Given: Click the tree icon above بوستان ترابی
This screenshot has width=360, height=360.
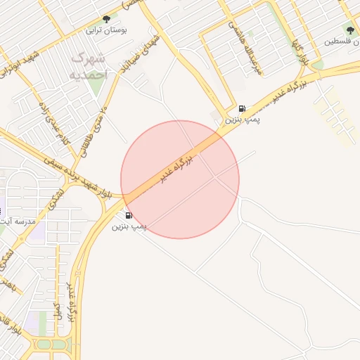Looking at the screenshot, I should tap(106, 19).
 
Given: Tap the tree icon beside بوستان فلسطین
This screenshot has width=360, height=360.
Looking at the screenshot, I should tap(350, 30).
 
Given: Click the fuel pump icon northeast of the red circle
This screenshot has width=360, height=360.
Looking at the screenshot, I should tap(243, 109).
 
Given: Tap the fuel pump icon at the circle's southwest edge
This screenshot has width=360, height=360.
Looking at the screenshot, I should tap(129, 215).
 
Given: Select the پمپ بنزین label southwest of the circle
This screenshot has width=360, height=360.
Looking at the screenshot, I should tap(130, 226).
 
